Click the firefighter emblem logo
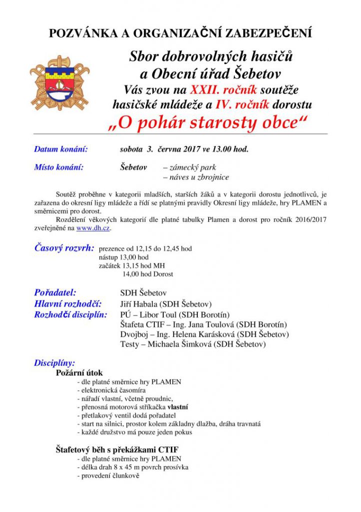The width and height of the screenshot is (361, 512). [x=59, y=82]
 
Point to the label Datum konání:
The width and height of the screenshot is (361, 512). [x=61, y=149]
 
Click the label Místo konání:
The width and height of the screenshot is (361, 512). [x=58, y=167]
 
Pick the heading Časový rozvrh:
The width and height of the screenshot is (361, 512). [x=64, y=248]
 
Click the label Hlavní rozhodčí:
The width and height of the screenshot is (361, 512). [x=68, y=304]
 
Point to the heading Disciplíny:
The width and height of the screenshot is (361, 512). [x=54, y=363]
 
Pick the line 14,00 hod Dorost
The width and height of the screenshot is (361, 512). [x=148, y=274]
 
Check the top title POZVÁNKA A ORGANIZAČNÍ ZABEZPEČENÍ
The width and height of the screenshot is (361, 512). [x=180, y=33]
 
